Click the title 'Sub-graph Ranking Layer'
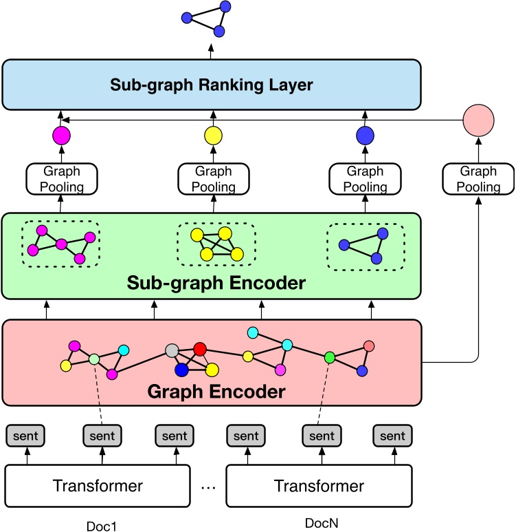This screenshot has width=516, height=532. click(x=211, y=85)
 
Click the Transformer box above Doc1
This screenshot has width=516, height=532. click(x=98, y=486)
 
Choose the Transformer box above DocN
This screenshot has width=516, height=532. click(x=319, y=486)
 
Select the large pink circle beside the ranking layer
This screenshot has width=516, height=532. click(x=479, y=120)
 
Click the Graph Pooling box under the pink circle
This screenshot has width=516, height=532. click(x=479, y=179)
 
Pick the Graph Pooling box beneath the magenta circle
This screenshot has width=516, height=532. click(x=62, y=178)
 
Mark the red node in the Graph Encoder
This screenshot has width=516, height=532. click(x=200, y=349)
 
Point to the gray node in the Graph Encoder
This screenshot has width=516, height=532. click(x=172, y=350)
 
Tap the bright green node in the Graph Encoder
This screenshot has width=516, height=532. click(x=330, y=357)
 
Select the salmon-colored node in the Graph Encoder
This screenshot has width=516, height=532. click(x=369, y=345)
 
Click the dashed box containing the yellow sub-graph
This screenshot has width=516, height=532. click(x=216, y=244)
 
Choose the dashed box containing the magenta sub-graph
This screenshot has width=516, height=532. click(x=60, y=244)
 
